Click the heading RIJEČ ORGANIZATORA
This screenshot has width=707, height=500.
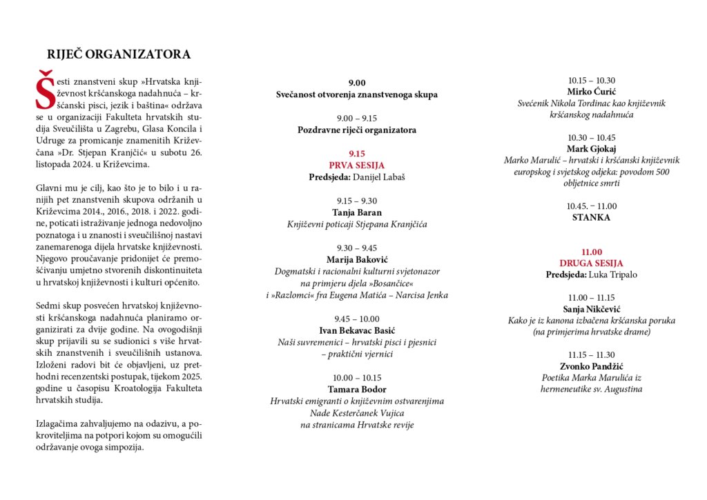[119, 54]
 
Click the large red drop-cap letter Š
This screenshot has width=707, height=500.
[45, 90]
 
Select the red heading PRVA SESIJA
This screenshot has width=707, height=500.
[357, 166]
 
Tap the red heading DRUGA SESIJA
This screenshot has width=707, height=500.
[591, 263]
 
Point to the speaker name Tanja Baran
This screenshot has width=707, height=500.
[357, 212]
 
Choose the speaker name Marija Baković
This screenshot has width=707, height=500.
[357, 259]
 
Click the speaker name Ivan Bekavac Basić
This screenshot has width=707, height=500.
[357, 330]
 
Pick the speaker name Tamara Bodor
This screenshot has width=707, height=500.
[357, 389]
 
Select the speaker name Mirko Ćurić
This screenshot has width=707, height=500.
[591, 92]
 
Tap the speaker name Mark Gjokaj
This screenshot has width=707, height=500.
[591, 149]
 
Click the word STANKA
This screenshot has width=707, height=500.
[591, 217]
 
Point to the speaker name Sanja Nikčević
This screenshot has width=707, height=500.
[591, 309]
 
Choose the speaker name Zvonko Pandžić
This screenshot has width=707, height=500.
[591, 366]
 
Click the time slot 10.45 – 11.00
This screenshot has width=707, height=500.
[591, 206]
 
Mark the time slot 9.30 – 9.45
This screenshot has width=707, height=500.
[357, 248]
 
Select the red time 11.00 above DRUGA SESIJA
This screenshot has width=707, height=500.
[591, 252]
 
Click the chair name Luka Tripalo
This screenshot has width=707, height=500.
[612, 274]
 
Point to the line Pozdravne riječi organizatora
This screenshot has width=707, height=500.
[357, 130]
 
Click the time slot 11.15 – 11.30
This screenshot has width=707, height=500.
[591, 354]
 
